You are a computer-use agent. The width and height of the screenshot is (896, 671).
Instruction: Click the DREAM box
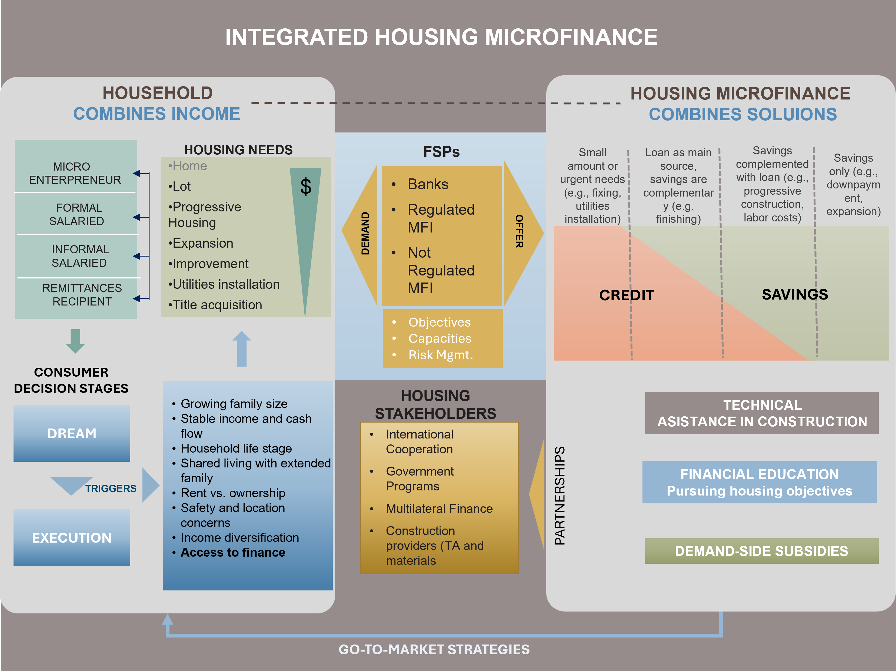tap(72, 433)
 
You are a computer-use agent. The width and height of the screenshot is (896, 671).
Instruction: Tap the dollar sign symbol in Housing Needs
tap(306, 187)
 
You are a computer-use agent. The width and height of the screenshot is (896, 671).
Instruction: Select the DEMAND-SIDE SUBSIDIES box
tap(761, 551)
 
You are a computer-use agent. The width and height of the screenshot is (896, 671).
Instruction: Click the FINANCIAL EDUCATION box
tap(760, 482)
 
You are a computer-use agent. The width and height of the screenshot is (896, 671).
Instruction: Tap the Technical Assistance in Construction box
tap(761, 413)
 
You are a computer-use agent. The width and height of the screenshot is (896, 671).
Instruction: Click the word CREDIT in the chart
tap(626, 295)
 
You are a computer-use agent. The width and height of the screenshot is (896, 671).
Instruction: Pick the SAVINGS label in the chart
tap(795, 294)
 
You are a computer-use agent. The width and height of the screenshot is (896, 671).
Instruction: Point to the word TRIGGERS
tap(111, 488)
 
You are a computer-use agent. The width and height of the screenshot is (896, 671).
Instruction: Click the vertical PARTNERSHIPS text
tap(559, 496)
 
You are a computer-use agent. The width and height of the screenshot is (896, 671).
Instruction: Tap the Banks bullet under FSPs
tap(428, 184)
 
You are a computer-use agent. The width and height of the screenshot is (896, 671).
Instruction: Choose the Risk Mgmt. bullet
tap(440, 355)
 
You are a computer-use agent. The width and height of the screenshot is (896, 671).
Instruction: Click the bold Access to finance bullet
tap(233, 552)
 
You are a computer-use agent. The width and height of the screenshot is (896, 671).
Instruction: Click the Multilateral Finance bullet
tap(439, 509)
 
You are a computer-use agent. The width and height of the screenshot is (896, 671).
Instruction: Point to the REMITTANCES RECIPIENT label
tap(82, 295)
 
